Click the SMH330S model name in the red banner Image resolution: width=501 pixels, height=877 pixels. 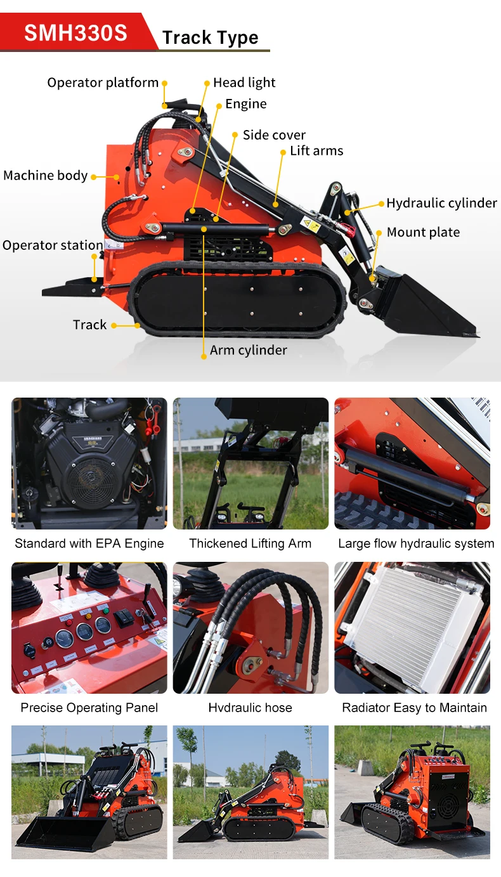tap(75, 32)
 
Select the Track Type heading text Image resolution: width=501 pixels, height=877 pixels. tap(210, 38)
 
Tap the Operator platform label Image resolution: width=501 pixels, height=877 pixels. tap(103, 82)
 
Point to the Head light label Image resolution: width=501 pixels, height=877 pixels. tap(244, 82)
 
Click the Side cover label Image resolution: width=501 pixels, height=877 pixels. tap(274, 135)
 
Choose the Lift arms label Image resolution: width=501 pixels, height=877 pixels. tap(316, 151)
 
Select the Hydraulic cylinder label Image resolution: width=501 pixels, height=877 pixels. tap(441, 203)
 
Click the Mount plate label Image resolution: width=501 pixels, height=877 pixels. tap(423, 232)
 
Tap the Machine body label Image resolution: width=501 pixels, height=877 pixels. tap(46, 176)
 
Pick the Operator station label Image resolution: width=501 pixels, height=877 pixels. tap(53, 245)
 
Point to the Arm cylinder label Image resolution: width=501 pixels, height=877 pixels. tap(249, 351)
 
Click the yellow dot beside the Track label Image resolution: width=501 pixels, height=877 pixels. tap(114, 325)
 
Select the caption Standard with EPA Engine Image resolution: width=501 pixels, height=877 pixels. tap(89, 543)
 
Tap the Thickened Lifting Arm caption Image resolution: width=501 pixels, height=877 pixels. tap(251, 543)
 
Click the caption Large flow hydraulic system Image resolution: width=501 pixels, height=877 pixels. tap(416, 543)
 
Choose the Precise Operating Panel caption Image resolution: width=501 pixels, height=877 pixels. tap(89, 708)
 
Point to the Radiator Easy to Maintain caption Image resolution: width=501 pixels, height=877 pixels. tap(415, 708)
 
